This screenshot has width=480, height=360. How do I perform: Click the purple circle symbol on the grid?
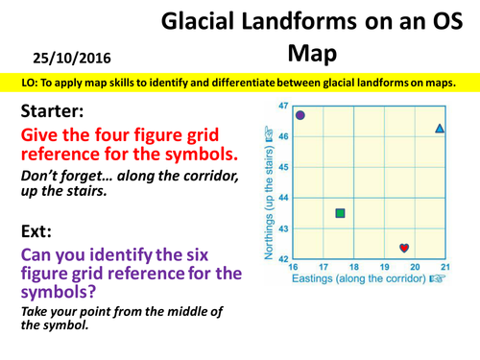click(x=300, y=115)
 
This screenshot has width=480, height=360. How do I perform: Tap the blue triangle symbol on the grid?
click(x=440, y=128)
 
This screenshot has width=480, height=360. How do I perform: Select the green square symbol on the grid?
click(x=340, y=213)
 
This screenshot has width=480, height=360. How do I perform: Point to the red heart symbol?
click(x=404, y=249)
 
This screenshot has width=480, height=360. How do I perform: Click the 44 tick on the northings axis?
click(x=282, y=198)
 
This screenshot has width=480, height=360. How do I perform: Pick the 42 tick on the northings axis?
click(x=282, y=259)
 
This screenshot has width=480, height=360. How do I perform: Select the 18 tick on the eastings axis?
click(x=354, y=266)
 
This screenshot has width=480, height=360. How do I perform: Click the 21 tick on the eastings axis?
click(x=444, y=266)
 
